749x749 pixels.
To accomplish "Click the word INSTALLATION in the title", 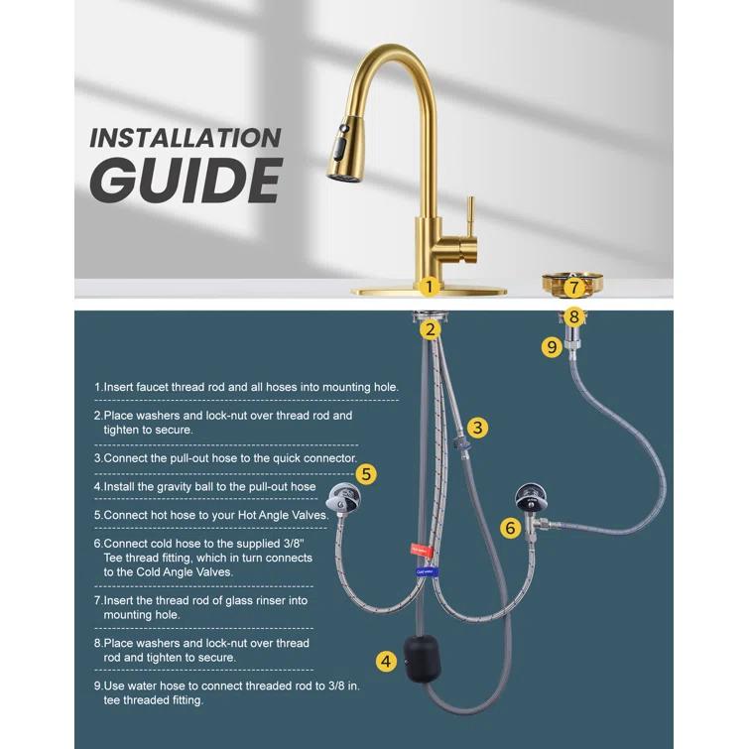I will tap(186, 138).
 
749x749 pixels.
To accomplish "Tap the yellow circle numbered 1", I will tap(429, 287).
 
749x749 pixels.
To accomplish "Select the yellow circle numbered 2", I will tap(429, 328).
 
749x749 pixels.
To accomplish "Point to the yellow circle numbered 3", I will tap(478, 428).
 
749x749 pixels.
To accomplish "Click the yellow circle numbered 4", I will tap(386, 661).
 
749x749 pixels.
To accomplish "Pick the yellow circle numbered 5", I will tap(367, 474).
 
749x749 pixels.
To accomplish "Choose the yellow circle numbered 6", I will tap(510, 528).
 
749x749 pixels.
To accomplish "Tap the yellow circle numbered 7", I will tap(573, 288).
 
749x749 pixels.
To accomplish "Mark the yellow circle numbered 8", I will tap(573, 317).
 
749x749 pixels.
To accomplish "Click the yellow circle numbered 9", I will tap(552, 347).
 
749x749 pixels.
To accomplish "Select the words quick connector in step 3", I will tap(310, 458).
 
